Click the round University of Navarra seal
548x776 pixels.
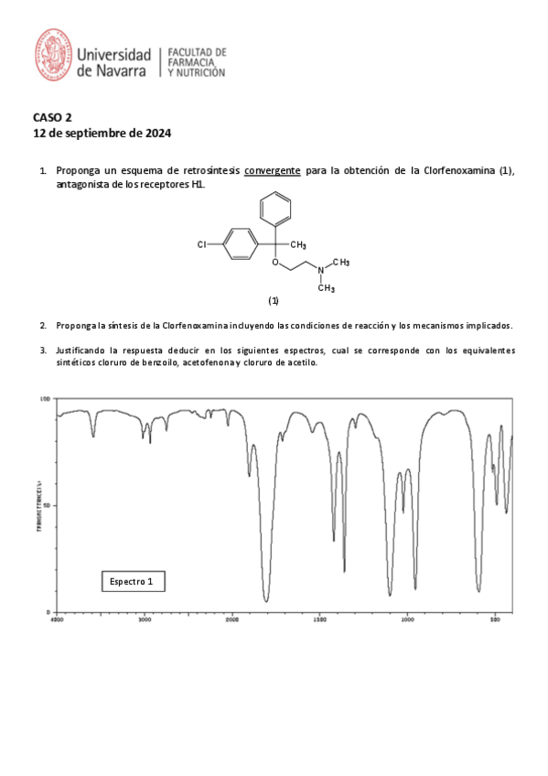(x=53, y=54)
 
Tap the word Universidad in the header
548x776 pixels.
(x=114, y=53)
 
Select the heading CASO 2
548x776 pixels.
(x=52, y=117)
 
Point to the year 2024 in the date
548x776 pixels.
(x=156, y=134)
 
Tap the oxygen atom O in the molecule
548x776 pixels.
(x=275, y=263)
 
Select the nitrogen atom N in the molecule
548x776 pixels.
(x=320, y=269)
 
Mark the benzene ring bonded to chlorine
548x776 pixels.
(x=240, y=244)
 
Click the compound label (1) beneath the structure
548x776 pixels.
(x=274, y=300)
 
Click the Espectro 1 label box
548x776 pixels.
(x=137, y=581)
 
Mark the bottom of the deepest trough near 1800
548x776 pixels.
(x=266, y=600)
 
